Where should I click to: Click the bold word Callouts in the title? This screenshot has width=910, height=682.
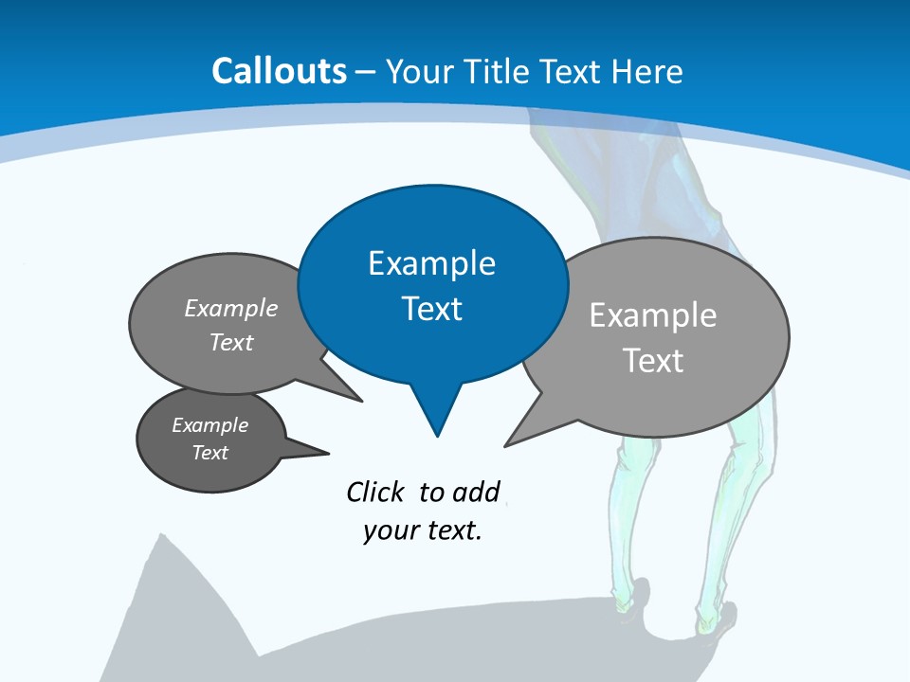[x=279, y=71]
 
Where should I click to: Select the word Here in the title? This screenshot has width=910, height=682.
[x=648, y=71]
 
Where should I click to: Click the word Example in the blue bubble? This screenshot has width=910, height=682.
[x=431, y=263]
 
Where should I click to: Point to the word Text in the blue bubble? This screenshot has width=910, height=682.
[x=431, y=309]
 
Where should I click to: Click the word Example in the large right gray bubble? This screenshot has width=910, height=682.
[x=652, y=315]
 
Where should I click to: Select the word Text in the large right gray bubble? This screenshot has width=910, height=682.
[x=652, y=361]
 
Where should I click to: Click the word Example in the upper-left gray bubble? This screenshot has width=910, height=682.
[x=230, y=308]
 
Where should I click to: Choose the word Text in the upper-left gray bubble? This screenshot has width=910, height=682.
[x=230, y=342]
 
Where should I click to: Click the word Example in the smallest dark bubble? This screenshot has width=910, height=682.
[x=209, y=425]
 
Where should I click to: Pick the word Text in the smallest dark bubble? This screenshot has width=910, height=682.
[x=209, y=453]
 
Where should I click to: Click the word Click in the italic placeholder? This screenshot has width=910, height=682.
[x=374, y=492]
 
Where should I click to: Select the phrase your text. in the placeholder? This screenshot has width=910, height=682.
[x=423, y=530]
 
